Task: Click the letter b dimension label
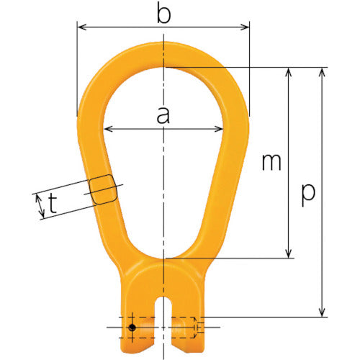(164, 14)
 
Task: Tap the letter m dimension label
(271, 163)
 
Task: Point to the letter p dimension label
(307, 192)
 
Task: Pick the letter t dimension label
(53, 205)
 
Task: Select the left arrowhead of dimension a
(108, 130)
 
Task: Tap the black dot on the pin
(132, 328)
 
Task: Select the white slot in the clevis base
(165, 310)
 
